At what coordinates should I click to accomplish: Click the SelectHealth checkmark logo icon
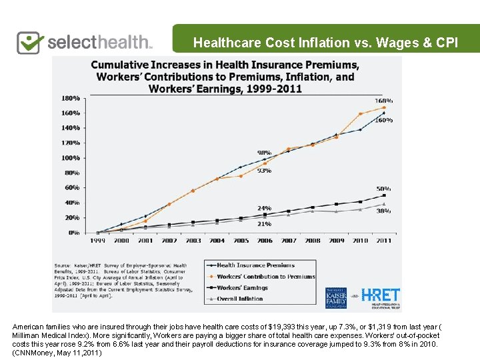point(30,42)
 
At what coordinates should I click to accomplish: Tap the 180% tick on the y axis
point(71,98)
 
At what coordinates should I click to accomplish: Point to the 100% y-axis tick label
point(71,158)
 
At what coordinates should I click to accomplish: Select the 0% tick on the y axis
point(75,233)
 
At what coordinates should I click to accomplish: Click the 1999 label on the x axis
point(97,240)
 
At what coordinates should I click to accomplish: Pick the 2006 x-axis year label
point(265,240)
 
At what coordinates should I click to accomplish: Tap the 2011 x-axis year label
point(384,240)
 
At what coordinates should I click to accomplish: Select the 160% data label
point(385,120)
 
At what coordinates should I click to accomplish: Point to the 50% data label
point(385,189)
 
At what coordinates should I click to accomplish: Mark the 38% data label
point(385,211)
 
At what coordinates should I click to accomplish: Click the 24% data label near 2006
point(265,208)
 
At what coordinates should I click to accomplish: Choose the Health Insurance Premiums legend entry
point(255,265)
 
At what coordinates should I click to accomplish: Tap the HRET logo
point(381,295)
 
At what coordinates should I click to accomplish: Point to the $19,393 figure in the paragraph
point(285,327)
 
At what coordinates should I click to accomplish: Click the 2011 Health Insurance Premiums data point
point(384,113)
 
